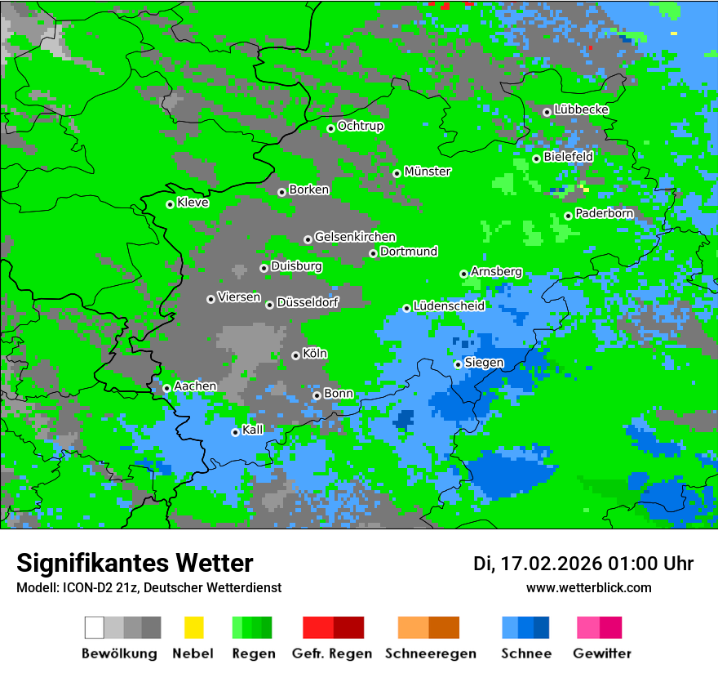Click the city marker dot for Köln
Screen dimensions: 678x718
tap(295, 355)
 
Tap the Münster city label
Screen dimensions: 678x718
tap(428, 172)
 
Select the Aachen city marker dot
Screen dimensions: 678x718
tap(166, 388)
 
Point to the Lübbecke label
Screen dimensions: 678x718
tap(581, 109)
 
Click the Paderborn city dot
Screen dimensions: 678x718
tap(568, 216)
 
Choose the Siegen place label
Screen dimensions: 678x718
tap(484, 363)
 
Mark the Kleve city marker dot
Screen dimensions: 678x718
tap(170, 204)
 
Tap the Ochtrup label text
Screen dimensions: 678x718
tap(360, 127)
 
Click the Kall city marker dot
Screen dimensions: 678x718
tap(235, 432)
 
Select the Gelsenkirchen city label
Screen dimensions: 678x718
tap(355, 237)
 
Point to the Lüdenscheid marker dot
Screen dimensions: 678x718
tap(406, 308)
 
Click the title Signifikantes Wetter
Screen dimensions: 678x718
tap(135, 564)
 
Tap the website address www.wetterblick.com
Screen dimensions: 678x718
tap(588, 588)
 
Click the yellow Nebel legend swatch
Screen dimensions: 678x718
tap(193, 627)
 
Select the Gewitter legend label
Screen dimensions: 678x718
tap(602, 653)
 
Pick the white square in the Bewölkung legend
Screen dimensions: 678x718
tap(95, 627)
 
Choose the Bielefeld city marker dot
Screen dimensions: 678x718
tap(536, 158)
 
